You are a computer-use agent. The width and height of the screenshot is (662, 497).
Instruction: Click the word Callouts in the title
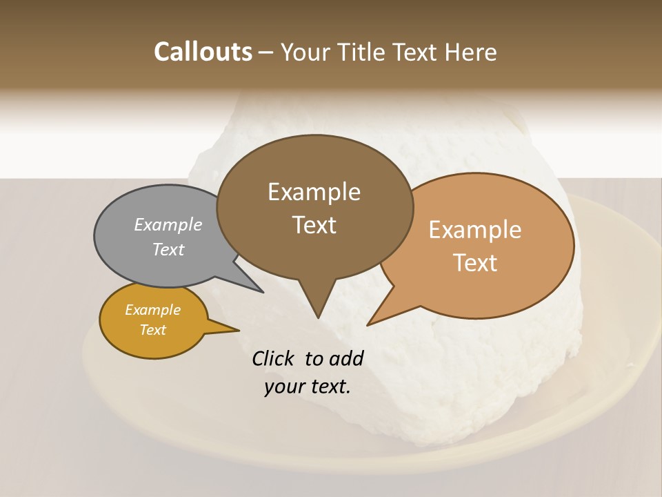[x=203, y=52]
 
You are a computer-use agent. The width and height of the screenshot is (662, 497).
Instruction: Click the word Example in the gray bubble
[x=168, y=224]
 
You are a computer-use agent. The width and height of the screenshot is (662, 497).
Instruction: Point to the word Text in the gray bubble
[x=168, y=249]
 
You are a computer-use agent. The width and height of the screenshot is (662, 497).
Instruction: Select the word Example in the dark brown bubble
[x=314, y=192]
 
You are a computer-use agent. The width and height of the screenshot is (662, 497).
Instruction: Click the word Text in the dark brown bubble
[x=314, y=225]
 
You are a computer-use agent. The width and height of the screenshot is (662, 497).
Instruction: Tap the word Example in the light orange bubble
[x=475, y=230]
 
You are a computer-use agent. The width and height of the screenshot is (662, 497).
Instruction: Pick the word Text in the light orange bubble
[x=475, y=263]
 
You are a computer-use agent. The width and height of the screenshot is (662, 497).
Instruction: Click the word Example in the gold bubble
[x=152, y=310]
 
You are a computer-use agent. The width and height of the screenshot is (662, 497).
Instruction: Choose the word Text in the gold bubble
[x=152, y=330]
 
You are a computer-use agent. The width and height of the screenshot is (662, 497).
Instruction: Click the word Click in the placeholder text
[x=274, y=358]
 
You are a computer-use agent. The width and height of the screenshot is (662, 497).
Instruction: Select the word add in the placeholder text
[x=347, y=358]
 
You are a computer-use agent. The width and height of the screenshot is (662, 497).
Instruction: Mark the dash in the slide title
[x=266, y=52]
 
